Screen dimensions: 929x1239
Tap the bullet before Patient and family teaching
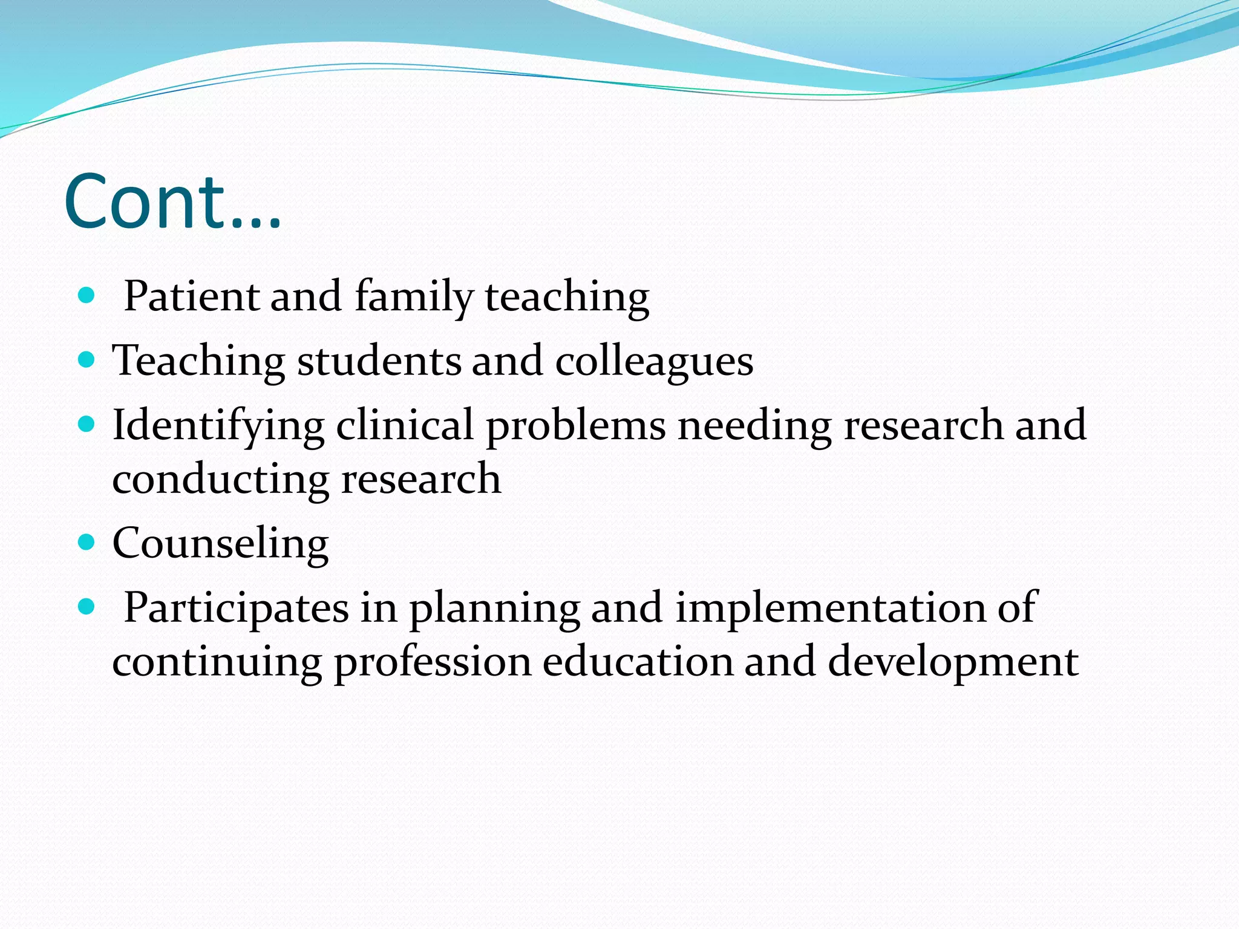point(87,296)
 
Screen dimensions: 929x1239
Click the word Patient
point(191,296)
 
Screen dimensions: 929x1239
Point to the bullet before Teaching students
point(87,360)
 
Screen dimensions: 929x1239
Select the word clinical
point(405,425)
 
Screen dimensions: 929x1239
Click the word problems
point(575,426)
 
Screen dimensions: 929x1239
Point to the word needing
point(754,426)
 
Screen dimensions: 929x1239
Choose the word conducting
point(220,480)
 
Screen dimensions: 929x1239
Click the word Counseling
point(220,544)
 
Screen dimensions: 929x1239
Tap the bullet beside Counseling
point(87,541)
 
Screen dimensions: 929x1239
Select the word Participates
point(236,608)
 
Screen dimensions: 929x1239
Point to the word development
point(953,663)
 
